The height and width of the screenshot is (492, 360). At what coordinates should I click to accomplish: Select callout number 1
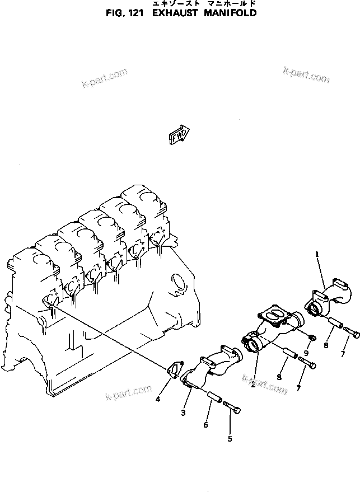point(317,255)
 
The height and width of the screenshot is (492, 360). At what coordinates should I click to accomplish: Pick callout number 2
point(253,385)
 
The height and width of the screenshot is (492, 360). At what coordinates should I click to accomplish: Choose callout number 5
point(230,439)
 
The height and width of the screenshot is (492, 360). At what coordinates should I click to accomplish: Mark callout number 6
point(205,425)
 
